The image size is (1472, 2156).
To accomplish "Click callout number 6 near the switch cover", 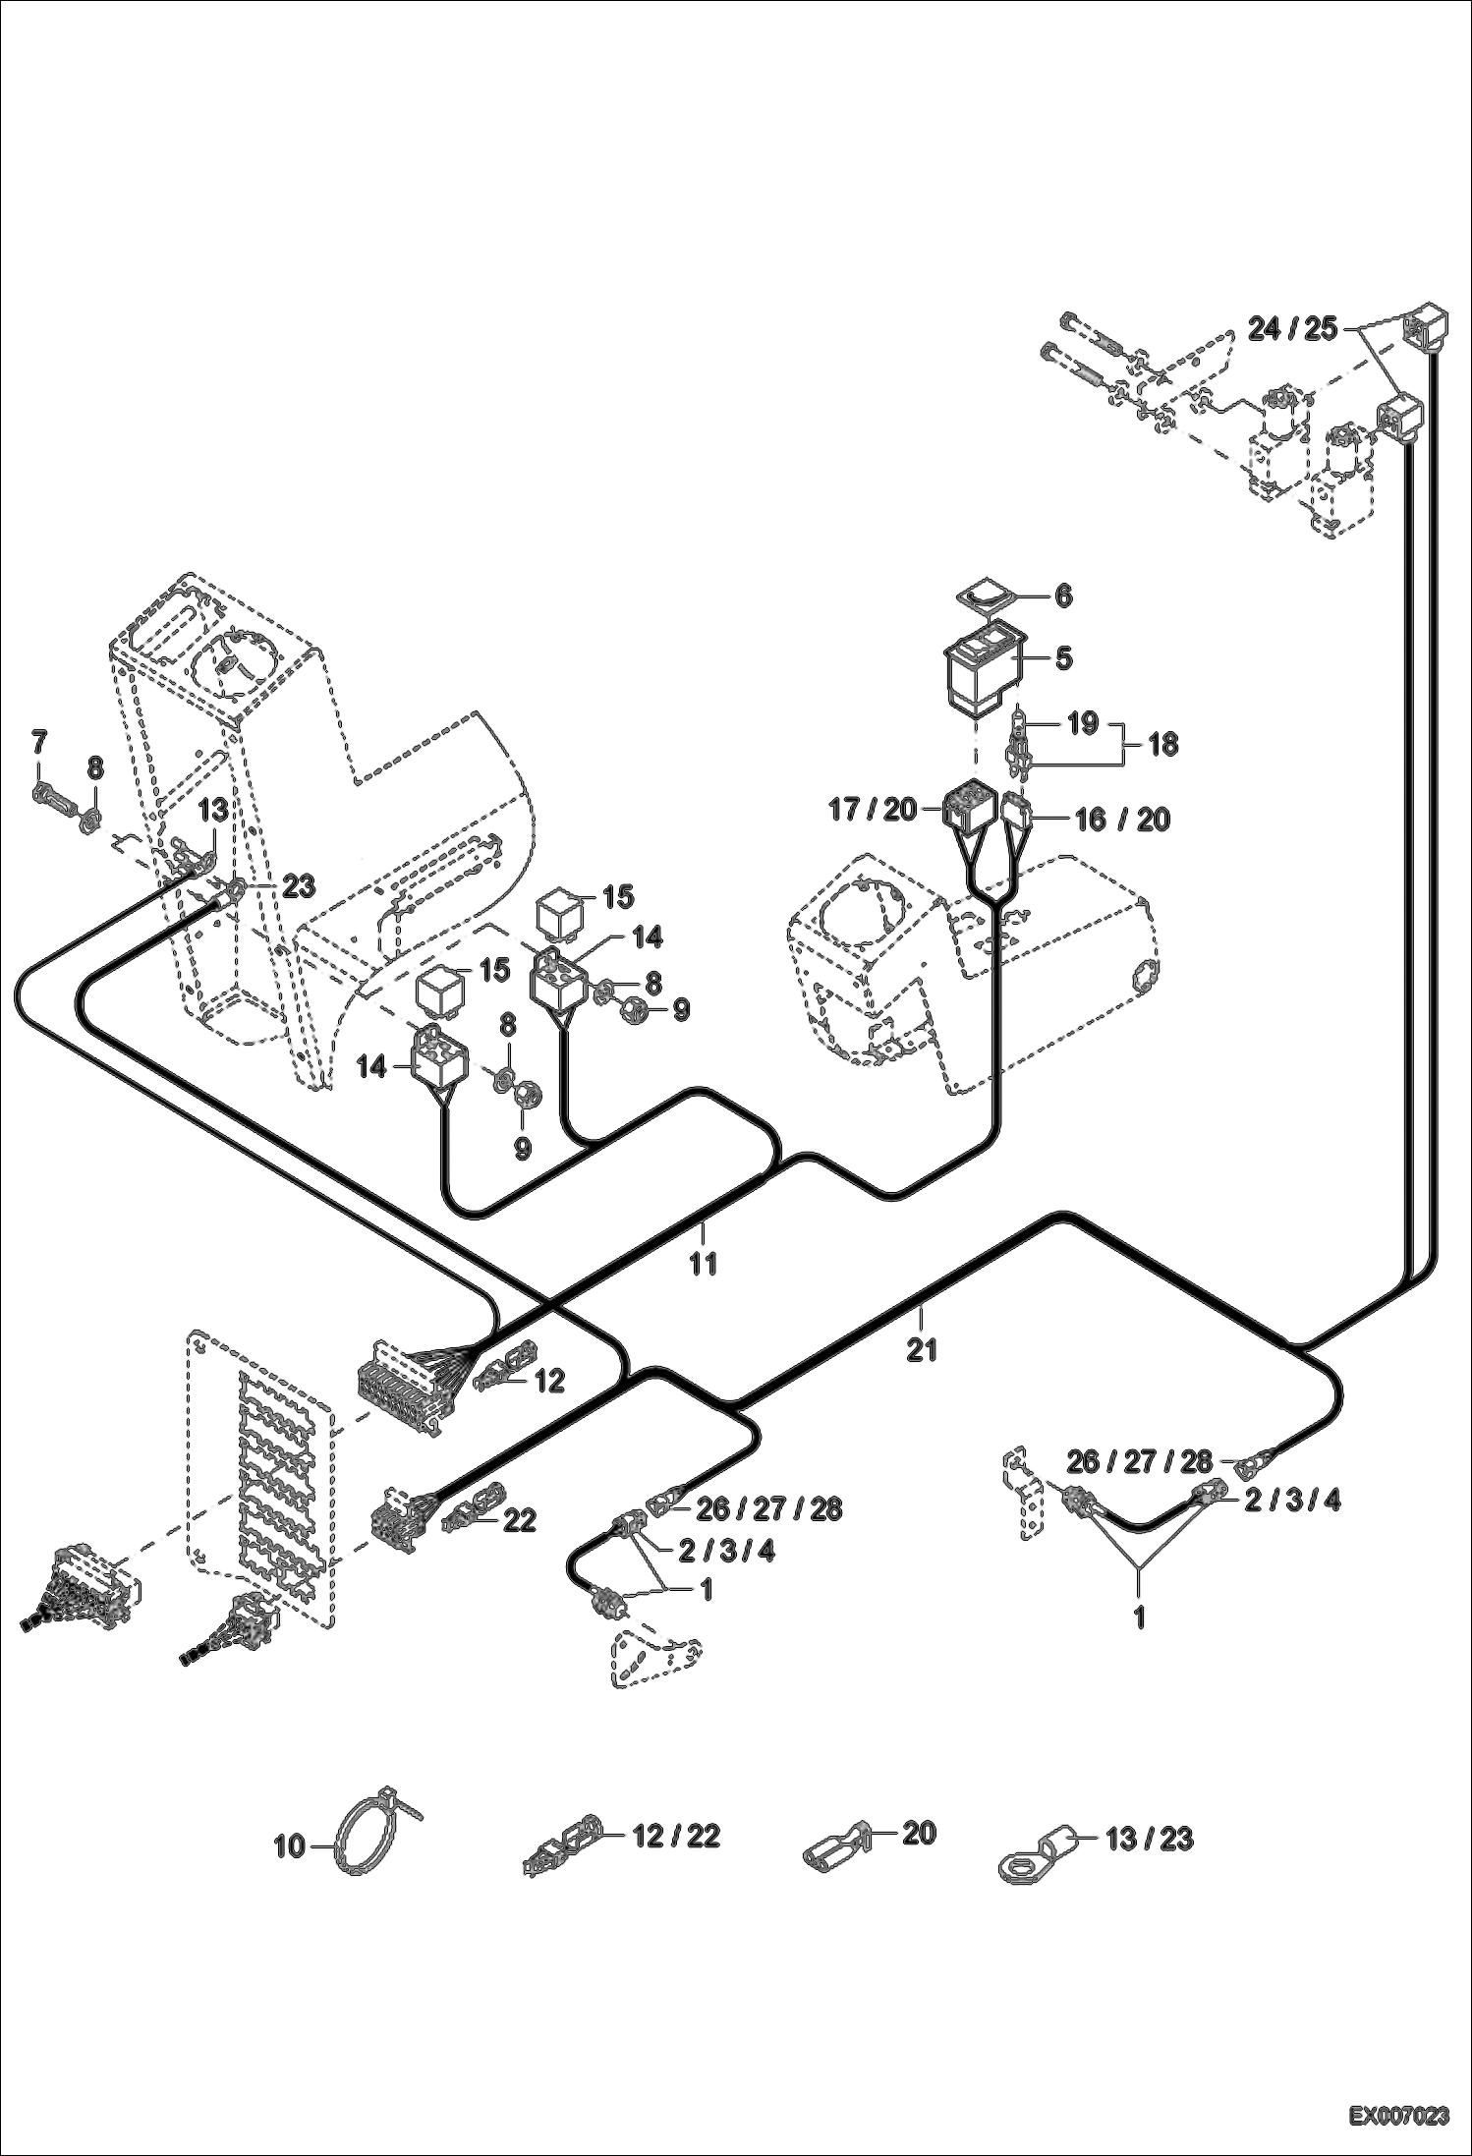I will (x=1063, y=596).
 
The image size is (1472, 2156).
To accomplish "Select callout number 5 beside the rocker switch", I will (x=1063, y=658).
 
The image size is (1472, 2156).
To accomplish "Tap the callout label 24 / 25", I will (x=1292, y=329).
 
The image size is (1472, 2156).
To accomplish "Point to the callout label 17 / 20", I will (x=872, y=810).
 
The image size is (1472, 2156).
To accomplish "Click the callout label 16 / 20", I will (x=1123, y=819).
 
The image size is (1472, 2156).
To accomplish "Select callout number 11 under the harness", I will (x=704, y=1263).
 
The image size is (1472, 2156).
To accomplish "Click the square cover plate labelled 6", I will (x=987, y=595).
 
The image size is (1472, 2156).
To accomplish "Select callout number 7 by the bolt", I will (x=38, y=743).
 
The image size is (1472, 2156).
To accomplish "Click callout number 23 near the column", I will (x=298, y=886).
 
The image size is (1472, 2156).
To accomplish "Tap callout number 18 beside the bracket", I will (x=1162, y=744).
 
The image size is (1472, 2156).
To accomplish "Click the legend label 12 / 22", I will (x=676, y=1835).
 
